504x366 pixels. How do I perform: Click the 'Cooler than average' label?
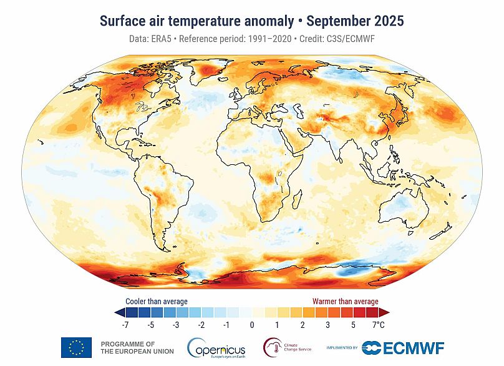(157, 301)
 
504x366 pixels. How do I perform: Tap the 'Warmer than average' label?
(345, 301)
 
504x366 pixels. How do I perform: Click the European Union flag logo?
(76, 347)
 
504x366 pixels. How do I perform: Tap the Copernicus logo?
(216, 347)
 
